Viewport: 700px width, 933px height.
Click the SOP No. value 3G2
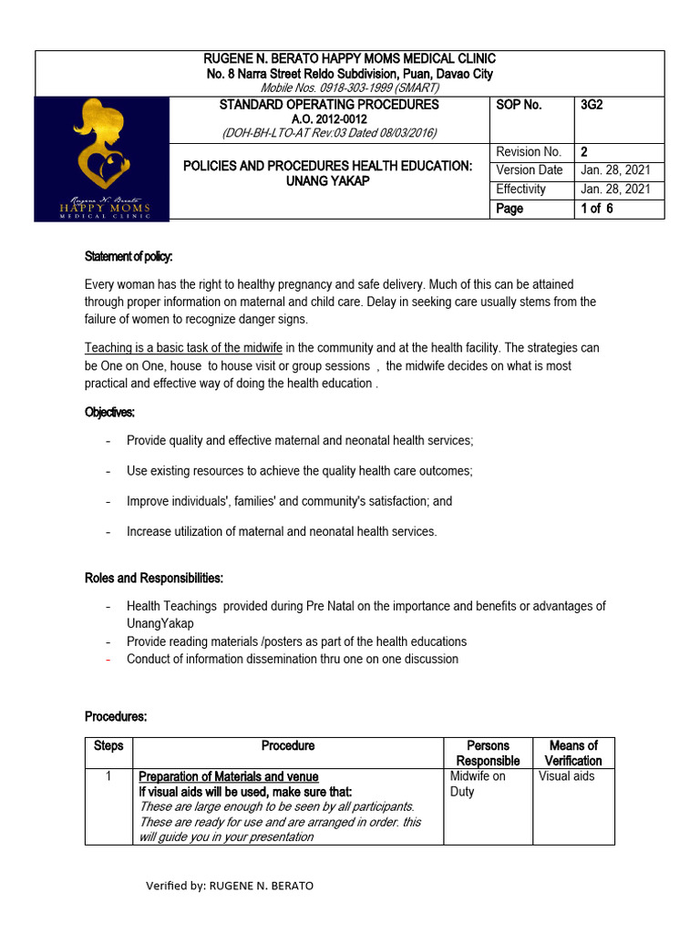(592, 105)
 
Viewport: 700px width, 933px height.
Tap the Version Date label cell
(530, 170)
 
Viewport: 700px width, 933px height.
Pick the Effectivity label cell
(521, 190)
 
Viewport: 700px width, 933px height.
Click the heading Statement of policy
(129, 256)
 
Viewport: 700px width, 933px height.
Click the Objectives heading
(110, 412)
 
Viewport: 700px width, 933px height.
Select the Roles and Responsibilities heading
(154, 578)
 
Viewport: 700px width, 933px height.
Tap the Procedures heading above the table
(116, 717)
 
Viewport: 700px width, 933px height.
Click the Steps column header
(108, 745)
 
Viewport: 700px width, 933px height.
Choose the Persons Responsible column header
(488, 753)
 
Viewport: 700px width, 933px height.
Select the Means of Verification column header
(573, 753)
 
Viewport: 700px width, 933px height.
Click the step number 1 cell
(108, 776)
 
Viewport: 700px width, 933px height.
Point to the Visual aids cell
(567, 776)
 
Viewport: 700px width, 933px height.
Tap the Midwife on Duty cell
(478, 784)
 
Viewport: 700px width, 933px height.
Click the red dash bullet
(108, 659)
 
